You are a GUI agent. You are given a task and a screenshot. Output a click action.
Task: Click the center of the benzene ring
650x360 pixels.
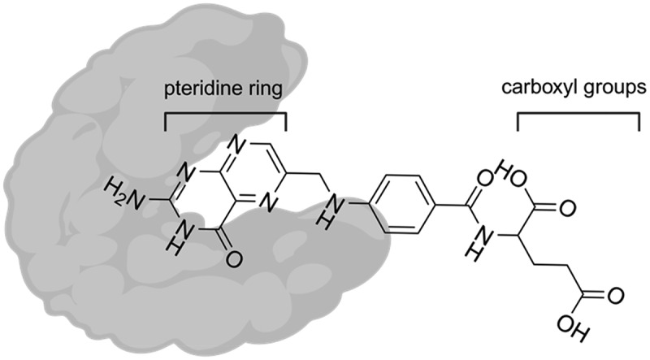coord(405,204)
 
